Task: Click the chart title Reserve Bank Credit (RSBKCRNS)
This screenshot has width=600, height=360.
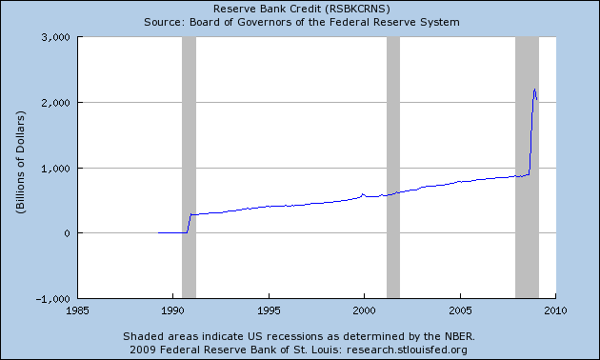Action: tap(299, 8)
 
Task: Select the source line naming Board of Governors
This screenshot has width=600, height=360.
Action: tap(299, 20)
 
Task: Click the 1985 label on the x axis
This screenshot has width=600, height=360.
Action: tap(77, 310)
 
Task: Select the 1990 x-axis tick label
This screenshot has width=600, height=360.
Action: tap(172, 310)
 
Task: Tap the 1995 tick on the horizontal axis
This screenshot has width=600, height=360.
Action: tap(269, 310)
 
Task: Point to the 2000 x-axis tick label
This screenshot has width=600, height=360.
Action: tap(365, 310)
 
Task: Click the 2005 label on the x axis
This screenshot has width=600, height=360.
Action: tap(461, 310)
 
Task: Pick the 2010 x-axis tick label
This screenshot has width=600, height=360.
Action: tap(556, 310)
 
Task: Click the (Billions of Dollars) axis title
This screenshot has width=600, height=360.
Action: tap(19, 168)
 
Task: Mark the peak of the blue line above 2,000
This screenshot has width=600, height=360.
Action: tap(534, 90)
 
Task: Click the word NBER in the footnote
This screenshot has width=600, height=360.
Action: tap(458, 336)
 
